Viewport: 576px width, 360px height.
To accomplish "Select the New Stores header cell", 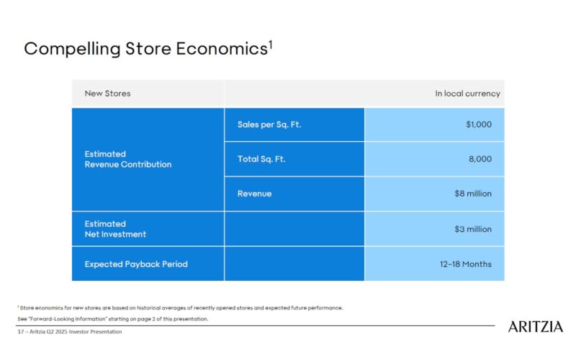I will click(107, 94).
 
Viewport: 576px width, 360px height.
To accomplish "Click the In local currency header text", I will click(467, 94).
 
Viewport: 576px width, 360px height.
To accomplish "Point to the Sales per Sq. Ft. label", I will click(269, 125).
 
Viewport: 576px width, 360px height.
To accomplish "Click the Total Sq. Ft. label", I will click(261, 159).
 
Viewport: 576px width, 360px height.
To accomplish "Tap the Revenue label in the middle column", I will click(254, 194).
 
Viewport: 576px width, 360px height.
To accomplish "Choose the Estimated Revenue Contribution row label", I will click(127, 159).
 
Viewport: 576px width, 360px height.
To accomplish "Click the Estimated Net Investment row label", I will click(115, 229).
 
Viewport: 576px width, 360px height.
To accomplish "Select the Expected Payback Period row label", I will click(135, 264).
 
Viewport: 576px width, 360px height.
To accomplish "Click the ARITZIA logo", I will click(536, 327).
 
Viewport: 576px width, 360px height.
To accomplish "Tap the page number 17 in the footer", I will click(20, 332).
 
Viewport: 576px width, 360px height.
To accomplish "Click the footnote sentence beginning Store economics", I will click(180, 307).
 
